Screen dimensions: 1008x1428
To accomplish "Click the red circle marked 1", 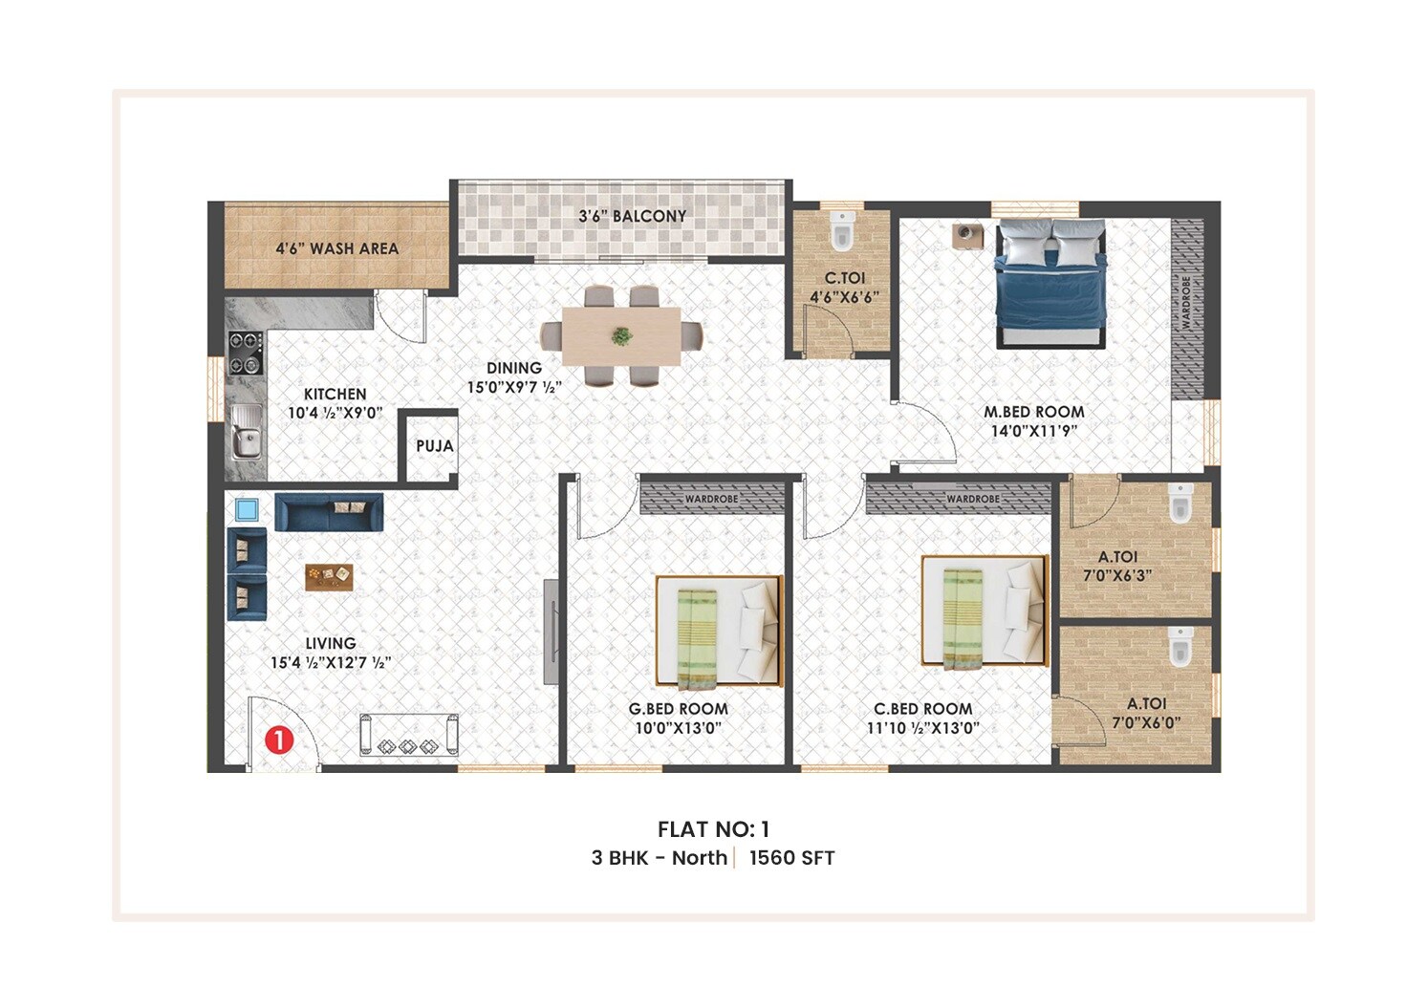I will pos(278,740).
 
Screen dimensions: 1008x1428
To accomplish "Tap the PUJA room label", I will pos(434,446).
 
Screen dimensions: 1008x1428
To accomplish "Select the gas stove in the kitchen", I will pos(246,353).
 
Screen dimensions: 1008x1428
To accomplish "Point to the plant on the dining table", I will pos(621,336).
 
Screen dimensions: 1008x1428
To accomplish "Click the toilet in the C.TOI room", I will pos(841,231).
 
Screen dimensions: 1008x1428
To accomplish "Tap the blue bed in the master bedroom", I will pos(1050,283).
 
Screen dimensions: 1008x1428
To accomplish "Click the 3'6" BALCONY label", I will pos(632,217).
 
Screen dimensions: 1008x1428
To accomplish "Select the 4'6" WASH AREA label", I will pos(336,248).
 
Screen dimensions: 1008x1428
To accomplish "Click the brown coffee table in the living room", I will pos(329,576).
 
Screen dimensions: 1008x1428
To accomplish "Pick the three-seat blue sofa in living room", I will pos(329,512).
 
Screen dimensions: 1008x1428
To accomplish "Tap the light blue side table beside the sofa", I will pos(247,509).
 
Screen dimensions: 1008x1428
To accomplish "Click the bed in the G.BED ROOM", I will pos(719,631).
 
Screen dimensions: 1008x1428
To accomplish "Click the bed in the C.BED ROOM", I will pos(984,611).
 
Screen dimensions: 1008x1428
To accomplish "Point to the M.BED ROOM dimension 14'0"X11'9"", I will pos(1033,431).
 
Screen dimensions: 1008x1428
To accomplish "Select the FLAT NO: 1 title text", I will pos(713,829).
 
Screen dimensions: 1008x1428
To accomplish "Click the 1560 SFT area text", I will pos(791,858).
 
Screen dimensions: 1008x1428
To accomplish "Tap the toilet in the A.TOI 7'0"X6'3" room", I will pos(1180,504).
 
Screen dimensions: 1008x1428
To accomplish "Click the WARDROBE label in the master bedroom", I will pos(1186,304).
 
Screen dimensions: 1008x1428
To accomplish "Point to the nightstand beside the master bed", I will pos(966,235).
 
